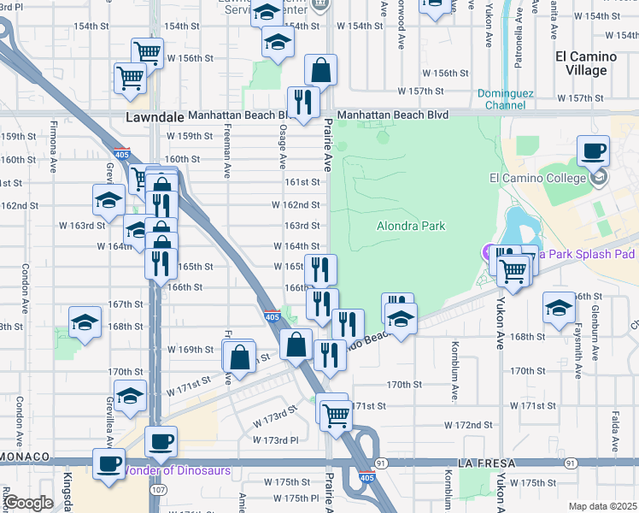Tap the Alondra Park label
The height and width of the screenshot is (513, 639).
[411, 227]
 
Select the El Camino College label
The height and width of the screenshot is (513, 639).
[537, 178]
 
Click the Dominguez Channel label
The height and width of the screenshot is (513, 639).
[502, 99]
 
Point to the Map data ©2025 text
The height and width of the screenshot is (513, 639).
[602, 506]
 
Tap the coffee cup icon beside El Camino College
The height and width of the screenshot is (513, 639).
[593, 153]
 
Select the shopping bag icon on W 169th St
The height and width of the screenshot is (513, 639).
[240, 356]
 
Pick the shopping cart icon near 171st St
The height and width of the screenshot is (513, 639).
[337, 416]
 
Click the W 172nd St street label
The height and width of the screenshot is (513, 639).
[469, 425]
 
